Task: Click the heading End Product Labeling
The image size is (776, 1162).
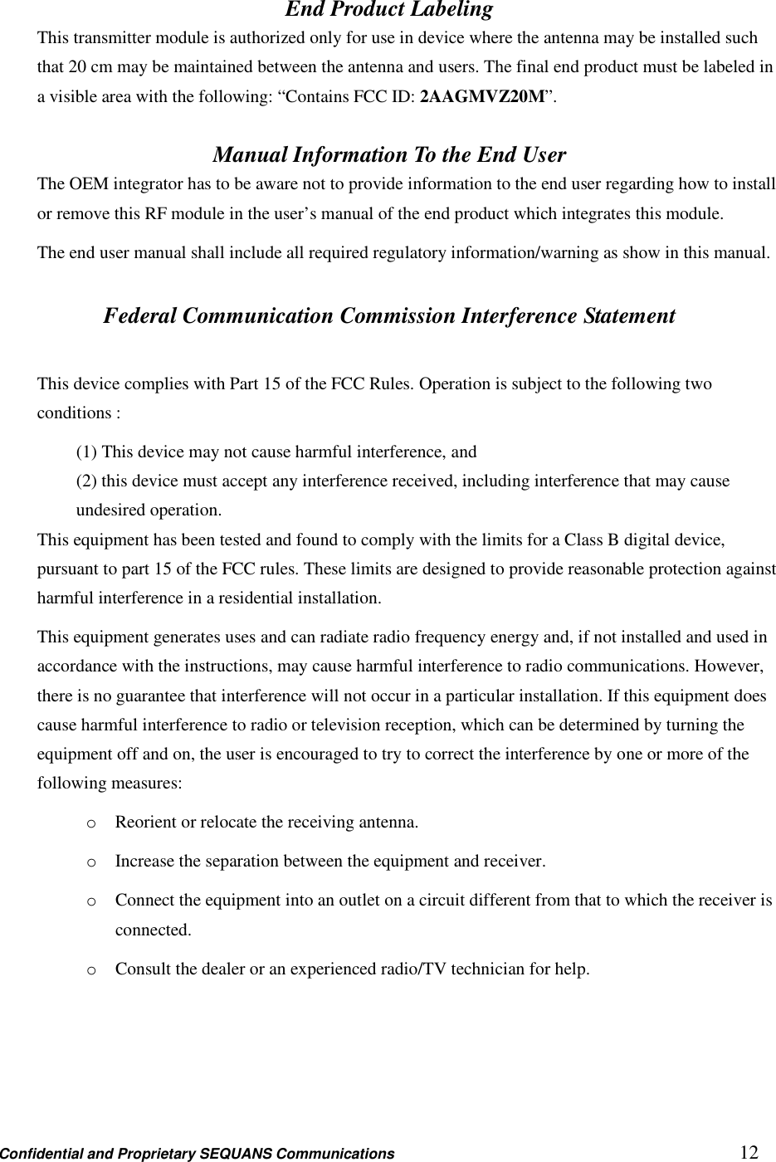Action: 388,10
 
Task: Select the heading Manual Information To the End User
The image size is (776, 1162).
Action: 389,155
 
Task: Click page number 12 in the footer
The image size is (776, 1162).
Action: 749,1152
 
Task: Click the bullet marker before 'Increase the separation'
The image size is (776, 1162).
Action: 90,862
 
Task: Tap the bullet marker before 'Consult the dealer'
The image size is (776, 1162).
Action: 90,969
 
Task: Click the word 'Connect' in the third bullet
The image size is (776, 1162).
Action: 144,901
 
